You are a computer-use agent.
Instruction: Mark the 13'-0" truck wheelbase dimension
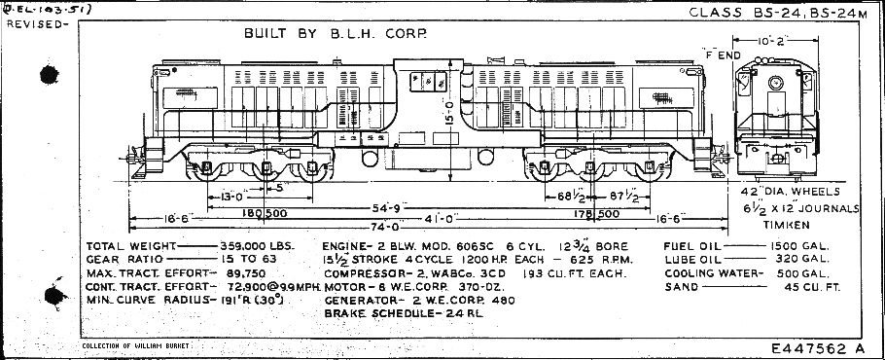pyautogui.click(x=236, y=196)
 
